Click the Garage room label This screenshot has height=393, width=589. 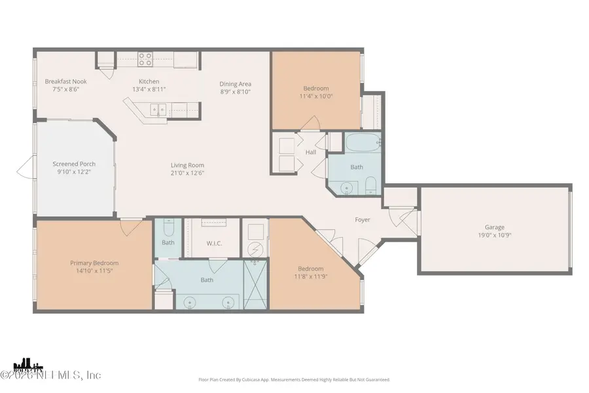point(494,227)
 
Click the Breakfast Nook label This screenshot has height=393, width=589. point(65,81)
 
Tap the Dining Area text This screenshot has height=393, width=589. point(235,84)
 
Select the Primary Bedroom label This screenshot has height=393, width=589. point(94,263)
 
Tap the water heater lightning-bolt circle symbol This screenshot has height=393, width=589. point(256,250)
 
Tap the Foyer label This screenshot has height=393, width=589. point(363,220)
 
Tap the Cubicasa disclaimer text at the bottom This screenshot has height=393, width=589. point(294,379)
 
